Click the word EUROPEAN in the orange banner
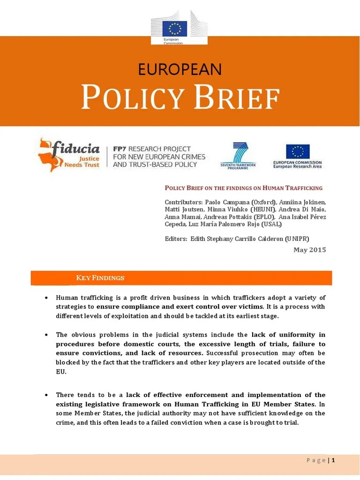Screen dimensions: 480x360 click(180, 69)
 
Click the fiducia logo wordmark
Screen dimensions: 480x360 click(77, 150)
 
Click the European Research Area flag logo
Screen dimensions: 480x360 click(298, 152)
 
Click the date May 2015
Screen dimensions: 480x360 click(309, 250)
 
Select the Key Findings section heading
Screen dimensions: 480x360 click(100, 278)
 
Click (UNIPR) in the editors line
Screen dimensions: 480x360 click(295, 239)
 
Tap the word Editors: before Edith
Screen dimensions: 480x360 click(176, 239)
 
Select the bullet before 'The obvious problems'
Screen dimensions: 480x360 click(46, 335)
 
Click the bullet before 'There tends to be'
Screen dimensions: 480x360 click(46, 395)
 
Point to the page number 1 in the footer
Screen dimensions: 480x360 click(333, 460)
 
